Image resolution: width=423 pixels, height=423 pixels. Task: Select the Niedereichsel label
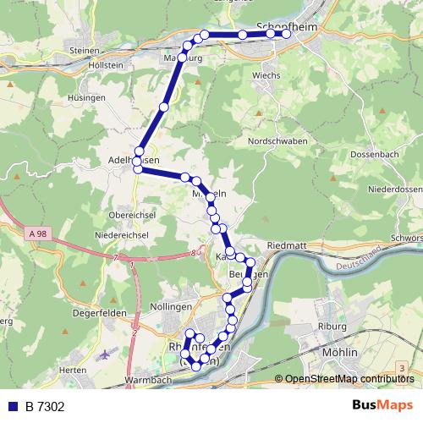[123, 234]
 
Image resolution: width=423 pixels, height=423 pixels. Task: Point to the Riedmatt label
[285, 244]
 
